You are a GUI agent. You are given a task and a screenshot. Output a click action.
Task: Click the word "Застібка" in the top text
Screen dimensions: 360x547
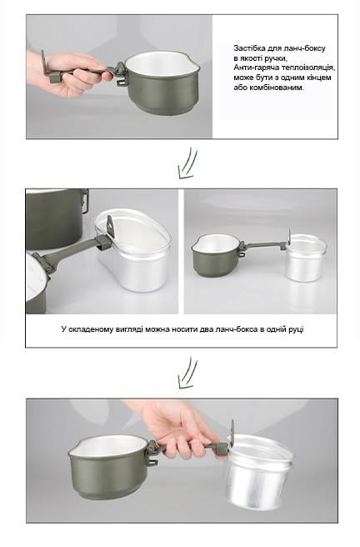[247, 48]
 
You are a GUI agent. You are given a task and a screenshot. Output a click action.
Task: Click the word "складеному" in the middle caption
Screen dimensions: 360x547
[91, 329]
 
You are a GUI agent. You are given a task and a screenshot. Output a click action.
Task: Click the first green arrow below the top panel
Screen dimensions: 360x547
[187, 163]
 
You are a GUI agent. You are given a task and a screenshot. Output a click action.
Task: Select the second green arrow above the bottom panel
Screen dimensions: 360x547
[187, 373]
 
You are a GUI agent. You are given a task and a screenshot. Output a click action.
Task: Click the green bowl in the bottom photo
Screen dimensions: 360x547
[108, 464]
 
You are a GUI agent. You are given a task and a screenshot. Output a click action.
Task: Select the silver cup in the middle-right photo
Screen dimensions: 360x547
[306, 257]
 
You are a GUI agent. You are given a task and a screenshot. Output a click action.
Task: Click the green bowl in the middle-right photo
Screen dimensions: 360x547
[215, 254]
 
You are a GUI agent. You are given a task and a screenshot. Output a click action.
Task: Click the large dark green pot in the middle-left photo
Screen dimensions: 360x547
[55, 218]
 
